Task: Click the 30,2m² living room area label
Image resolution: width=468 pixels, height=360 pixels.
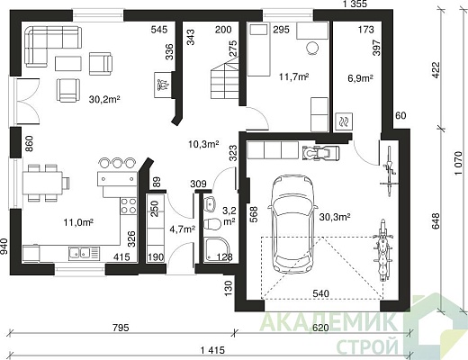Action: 104,99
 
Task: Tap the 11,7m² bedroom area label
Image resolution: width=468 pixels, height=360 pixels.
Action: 294,76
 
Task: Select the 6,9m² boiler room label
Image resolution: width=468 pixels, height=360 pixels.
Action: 360,78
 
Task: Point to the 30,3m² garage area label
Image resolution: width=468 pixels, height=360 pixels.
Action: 335,217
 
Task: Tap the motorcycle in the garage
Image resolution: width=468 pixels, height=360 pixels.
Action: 382,250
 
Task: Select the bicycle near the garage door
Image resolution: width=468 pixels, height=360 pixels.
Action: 389,171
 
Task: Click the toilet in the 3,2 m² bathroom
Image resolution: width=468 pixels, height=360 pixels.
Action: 211,223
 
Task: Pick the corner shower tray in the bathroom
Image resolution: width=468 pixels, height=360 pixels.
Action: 217,248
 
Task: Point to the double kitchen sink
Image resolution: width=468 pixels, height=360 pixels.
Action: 84,253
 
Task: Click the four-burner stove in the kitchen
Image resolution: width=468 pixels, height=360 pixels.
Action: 129,206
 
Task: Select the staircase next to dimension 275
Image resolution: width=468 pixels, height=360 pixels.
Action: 225,79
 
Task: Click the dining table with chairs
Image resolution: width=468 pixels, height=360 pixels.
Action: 46,183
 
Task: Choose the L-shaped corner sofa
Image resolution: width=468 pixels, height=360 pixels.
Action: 53,46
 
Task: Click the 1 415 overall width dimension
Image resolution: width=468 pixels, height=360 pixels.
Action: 212,350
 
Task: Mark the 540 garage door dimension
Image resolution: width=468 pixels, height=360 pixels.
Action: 320,293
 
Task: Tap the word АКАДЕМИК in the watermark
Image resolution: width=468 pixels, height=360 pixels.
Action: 328,322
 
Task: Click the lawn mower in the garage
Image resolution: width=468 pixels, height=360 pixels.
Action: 321,153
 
